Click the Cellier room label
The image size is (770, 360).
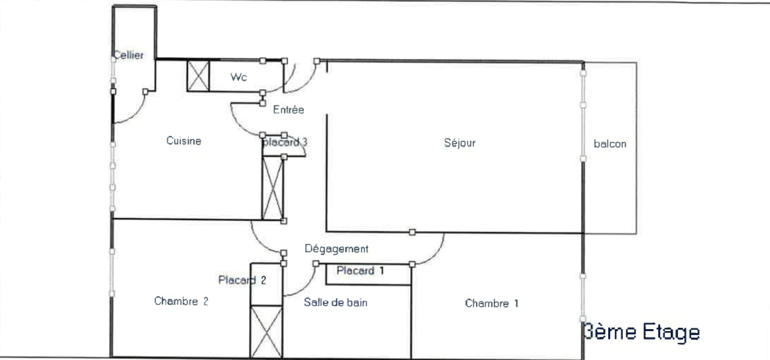click(128, 55)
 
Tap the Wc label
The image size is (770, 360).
click(239, 77)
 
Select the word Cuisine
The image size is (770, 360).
click(183, 141)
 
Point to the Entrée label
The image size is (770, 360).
click(288, 110)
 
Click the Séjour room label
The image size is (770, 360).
click(460, 142)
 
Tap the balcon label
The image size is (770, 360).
click(610, 144)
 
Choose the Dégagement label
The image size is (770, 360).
click(336, 249)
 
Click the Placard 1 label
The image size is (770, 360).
click(360, 270)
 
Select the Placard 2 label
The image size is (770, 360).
click(242, 280)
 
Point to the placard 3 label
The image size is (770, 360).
click(285, 142)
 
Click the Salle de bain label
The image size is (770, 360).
click(335, 303)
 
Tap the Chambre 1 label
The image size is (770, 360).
click(491, 303)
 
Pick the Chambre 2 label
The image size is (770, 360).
click(181, 301)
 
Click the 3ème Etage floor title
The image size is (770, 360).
click(642, 332)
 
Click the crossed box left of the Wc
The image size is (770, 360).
click(198, 76)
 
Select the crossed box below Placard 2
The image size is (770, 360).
click(267, 332)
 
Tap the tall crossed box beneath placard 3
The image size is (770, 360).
click(272, 188)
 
